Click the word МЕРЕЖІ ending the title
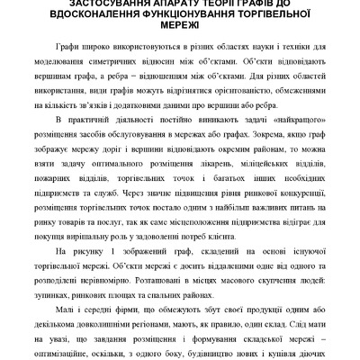(x=180, y=30)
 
